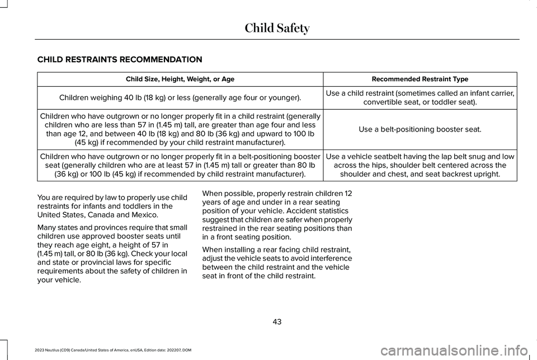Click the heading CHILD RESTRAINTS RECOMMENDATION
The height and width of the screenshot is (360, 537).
click(x=120, y=59)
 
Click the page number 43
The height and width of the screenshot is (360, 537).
click(x=277, y=321)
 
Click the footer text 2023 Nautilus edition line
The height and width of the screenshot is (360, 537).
click(x=109, y=349)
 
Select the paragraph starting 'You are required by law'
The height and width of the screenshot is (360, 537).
click(x=111, y=206)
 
